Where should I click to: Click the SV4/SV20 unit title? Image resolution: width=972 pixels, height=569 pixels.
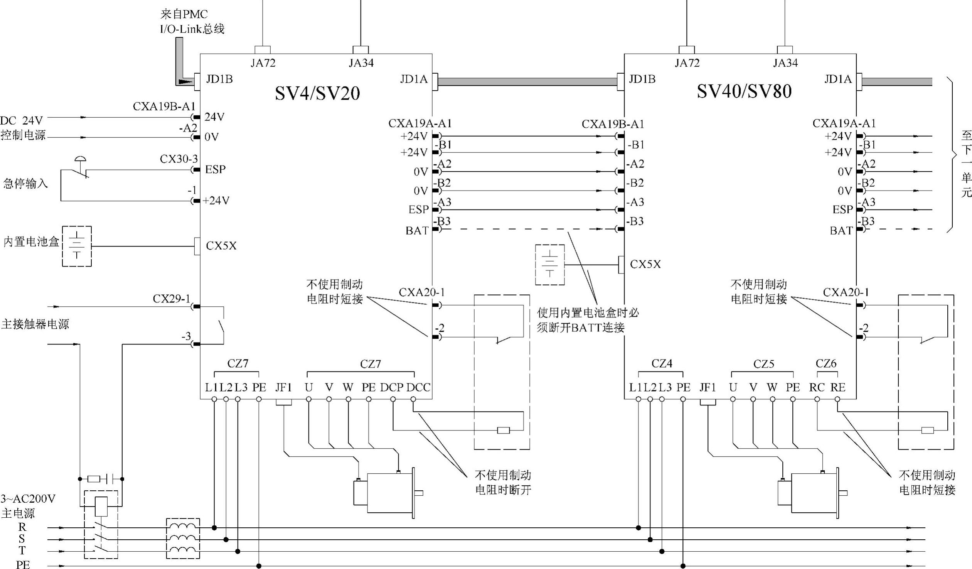click(317, 93)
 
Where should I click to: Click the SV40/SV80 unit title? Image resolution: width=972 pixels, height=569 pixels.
click(744, 91)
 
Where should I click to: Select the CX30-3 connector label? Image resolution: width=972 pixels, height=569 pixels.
click(179, 159)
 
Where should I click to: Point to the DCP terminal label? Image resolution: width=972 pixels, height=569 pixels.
click(391, 387)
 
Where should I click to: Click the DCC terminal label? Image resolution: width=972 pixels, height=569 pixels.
click(418, 387)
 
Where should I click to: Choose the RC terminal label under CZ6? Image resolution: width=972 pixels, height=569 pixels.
click(817, 387)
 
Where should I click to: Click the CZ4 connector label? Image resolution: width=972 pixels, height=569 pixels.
click(662, 364)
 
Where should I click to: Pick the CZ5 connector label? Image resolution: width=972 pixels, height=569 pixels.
click(763, 364)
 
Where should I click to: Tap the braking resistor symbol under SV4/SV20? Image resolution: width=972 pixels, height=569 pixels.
click(504, 430)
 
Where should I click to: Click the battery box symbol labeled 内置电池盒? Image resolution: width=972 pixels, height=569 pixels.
click(77, 246)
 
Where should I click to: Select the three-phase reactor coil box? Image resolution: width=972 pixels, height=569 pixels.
click(183, 539)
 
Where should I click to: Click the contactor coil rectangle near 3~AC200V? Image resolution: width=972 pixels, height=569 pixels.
click(101, 507)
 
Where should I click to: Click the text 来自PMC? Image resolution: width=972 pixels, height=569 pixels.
click(184, 14)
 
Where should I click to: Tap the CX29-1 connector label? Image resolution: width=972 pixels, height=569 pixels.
click(171, 299)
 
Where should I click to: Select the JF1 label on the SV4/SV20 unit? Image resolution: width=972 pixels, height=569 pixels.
click(283, 387)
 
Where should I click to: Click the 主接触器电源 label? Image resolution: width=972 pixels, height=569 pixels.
click(35, 324)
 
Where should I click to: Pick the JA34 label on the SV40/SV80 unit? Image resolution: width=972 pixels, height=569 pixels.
click(785, 63)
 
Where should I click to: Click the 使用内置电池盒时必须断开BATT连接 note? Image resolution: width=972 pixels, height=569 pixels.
click(588, 320)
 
